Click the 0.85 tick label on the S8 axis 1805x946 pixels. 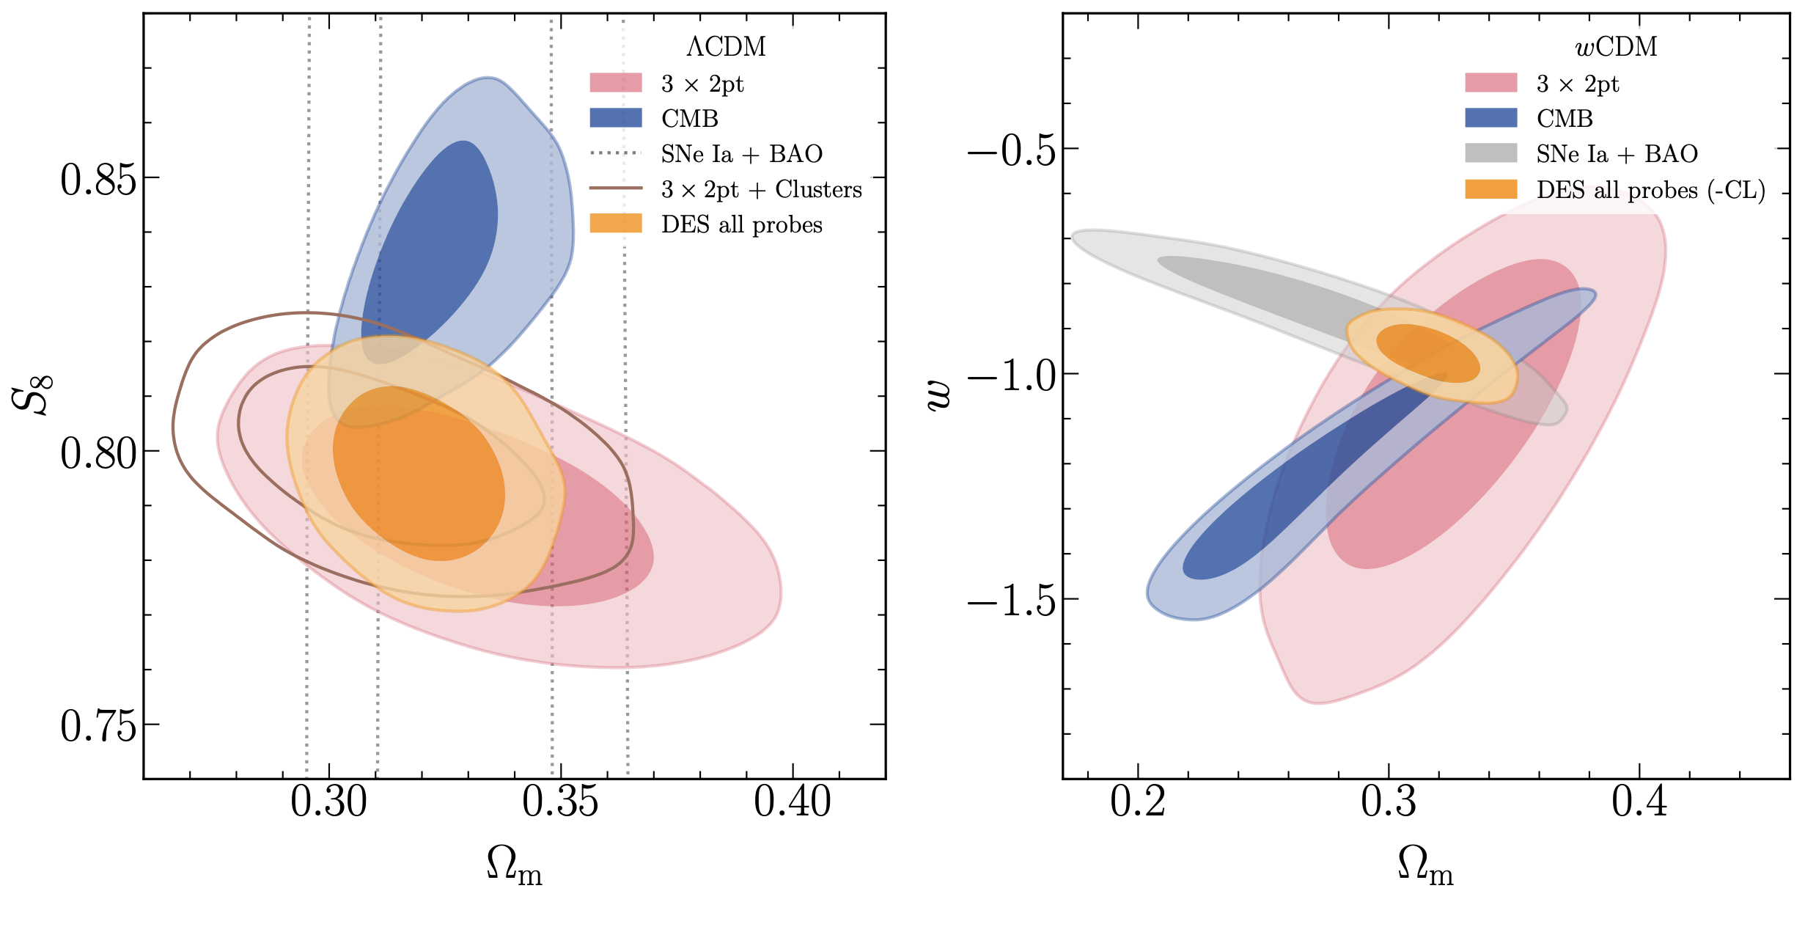98,180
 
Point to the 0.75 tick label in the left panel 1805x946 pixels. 98,727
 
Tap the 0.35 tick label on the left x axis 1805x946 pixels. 560,802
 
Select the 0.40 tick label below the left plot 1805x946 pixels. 792,802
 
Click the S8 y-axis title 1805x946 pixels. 32,395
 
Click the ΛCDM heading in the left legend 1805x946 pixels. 726,47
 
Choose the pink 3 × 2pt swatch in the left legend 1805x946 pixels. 615,83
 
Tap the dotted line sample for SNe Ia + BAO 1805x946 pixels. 615,153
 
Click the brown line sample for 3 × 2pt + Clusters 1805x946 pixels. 615,188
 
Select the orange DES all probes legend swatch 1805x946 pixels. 615,224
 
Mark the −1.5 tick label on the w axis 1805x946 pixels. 1012,601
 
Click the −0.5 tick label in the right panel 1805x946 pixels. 1012,151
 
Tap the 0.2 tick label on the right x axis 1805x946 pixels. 1137,802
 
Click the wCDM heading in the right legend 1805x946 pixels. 1616,47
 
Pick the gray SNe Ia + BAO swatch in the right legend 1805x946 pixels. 1490,153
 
